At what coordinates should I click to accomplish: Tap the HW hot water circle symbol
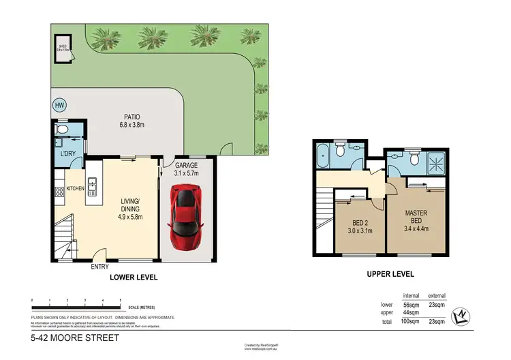(x=59, y=106)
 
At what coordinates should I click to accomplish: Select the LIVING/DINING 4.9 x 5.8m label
(x=131, y=205)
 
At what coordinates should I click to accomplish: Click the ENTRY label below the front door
(x=100, y=267)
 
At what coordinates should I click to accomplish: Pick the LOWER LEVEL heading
(x=134, y=277)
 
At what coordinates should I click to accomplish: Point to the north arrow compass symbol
(x=463, y=314)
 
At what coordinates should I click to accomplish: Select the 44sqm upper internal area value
(x=409, y=312)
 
